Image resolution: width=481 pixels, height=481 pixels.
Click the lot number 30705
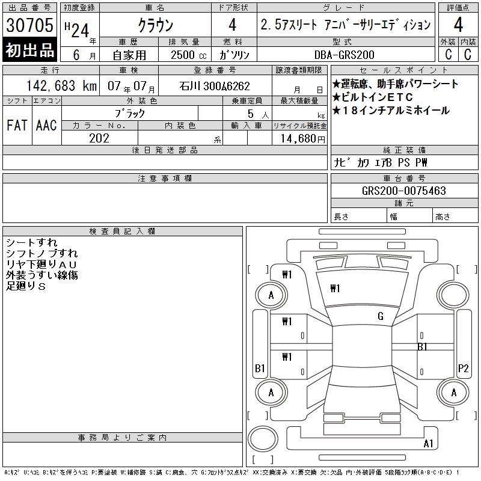click(29, 25)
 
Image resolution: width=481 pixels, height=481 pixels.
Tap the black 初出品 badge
click(29, 49)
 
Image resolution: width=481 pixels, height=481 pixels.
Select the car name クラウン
click(156, 25)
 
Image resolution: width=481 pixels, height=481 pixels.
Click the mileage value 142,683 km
click(61, 85)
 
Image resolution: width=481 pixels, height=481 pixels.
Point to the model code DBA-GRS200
click(345, 55)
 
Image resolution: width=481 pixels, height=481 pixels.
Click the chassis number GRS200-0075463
click(404, 191)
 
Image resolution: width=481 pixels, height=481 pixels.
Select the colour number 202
click(99, 138)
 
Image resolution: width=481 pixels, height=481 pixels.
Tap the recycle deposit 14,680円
click(302, 139)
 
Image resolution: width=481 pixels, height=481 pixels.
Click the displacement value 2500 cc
click(189, 55)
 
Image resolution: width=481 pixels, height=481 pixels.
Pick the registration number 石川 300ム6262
click(215, 86)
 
